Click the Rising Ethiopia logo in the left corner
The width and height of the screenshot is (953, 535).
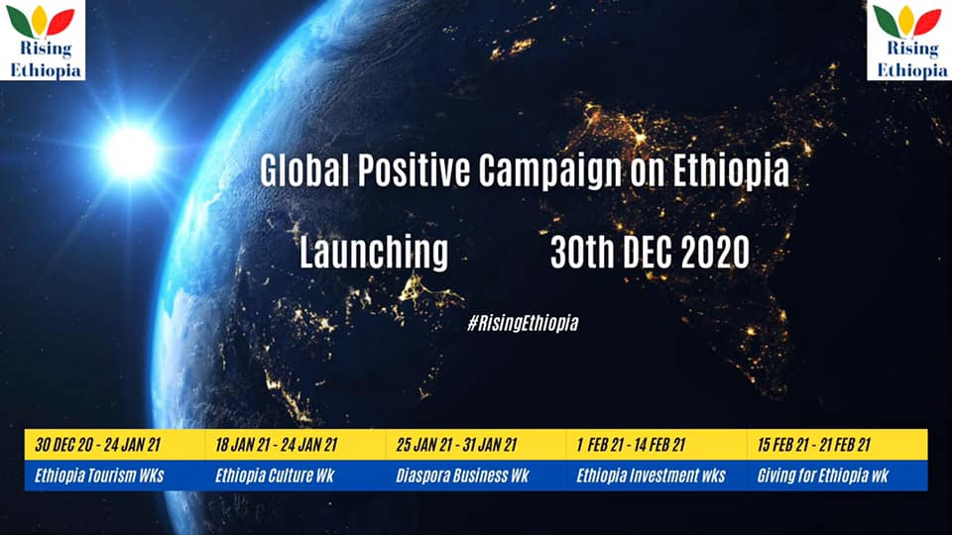tap(43, 40)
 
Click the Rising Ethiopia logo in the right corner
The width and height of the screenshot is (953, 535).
tap(909, 40)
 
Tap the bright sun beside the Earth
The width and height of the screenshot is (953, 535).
tap(130, 152)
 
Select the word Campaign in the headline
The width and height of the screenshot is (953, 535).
tap(549, 171)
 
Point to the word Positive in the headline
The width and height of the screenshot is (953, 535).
tap(414, 170)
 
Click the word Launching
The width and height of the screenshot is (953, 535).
tap(374, 253)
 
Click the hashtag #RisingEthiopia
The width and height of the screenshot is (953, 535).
tap(523, 322)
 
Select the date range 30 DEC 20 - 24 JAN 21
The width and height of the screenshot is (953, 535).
tap(97, 445)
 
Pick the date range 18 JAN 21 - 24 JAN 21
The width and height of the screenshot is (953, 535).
tap(276, 445)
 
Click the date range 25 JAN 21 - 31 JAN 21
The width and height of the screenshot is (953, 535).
tap(456, 445)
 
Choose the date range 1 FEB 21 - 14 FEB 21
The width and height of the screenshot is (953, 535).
tap(631, 445)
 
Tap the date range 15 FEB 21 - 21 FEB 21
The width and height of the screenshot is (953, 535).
tap(814, 445)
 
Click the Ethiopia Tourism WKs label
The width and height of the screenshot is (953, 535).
tap(99, 475)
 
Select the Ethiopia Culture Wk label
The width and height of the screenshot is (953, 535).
tap(275, 475)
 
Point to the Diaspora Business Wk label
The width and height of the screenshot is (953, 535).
tap(462, 475)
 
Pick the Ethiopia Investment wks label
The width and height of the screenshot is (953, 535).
tap(651, 475)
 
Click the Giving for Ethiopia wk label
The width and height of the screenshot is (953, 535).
tap(823, 475)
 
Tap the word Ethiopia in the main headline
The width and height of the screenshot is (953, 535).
tap(731, 171)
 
